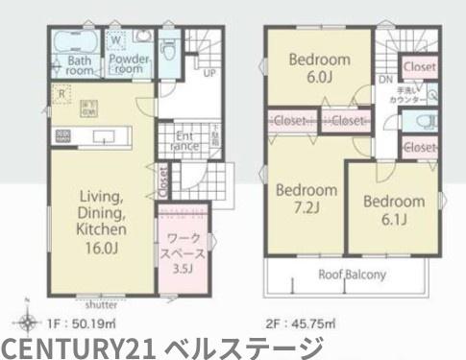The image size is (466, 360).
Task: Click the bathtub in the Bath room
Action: pos(72,42)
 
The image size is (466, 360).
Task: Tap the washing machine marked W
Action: pos(115,40)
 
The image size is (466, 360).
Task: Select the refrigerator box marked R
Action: pos(61,93)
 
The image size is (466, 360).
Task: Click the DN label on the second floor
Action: pos(384,80)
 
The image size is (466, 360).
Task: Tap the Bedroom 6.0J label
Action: pos(320,66)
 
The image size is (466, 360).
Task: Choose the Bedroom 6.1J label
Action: pos(394,209)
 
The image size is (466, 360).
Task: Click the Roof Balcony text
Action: pos(353,275)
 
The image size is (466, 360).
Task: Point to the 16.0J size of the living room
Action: pos(99,248)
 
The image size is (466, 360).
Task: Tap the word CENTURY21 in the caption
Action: pos(79,346)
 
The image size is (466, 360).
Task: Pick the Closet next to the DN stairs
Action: pos(419,67)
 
